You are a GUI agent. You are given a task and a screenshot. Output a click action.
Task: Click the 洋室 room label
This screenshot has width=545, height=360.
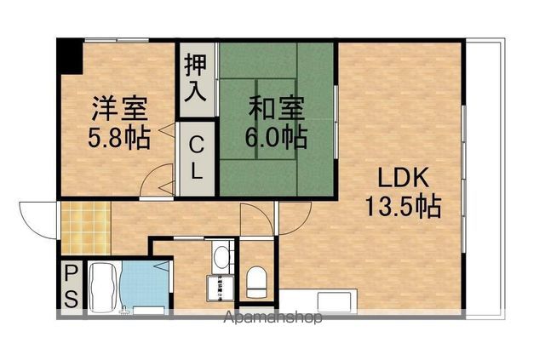click(x=120, y=110)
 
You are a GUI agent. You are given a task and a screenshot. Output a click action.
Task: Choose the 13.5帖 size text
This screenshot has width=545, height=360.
click(x=404, y=207)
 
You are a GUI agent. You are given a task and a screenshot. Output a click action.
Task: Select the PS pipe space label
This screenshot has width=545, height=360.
click(x=72, y=287)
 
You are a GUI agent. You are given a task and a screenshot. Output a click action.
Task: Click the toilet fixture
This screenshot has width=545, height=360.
click(x=256, y=281)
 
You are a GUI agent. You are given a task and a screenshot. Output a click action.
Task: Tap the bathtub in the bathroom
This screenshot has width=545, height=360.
click(x=103, y=287)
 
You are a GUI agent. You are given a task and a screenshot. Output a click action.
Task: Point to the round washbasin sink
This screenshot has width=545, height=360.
click(x=221, y=254)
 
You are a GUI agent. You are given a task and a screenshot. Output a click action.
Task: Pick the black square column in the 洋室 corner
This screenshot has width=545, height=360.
click(x=69, y=57)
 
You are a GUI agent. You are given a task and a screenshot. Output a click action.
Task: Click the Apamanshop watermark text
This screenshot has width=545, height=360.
click(x=271, y=320)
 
